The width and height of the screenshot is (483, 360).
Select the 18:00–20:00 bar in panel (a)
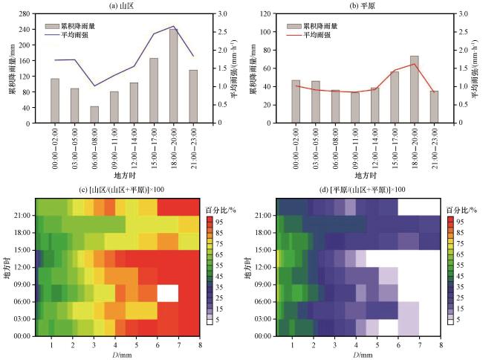(x=174, y=76)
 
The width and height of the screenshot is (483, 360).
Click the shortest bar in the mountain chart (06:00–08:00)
(x=94, y=115)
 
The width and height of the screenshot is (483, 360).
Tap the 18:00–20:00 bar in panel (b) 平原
(x=415, y=89)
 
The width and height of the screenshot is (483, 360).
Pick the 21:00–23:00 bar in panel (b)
(x=434, y=107)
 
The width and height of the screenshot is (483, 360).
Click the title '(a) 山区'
(x=122, y=5)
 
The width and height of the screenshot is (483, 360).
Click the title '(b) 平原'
(x=363, y=5)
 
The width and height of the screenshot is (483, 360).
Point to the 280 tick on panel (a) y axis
(x=24, y=14)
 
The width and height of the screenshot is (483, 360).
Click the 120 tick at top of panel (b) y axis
(x=265, y=14)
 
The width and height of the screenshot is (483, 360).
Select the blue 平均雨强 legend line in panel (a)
(x=52, y=35)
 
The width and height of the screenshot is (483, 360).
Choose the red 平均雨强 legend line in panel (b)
(x=294, y=35)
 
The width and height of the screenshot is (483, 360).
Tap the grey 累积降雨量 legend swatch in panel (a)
(x=52, y=26)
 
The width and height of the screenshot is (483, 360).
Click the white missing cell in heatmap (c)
(x=168, y=293)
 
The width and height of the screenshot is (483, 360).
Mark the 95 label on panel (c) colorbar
(x=219, y=222)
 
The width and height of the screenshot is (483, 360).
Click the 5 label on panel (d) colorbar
(x=458, y=320)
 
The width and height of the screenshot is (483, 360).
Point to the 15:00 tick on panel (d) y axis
(x=263, y=250)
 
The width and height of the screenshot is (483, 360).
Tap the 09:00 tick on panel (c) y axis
(x=22, y=284)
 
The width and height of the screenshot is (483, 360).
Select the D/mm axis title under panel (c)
(x=122, y=355)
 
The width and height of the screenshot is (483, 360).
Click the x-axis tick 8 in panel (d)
(x=441, y=345)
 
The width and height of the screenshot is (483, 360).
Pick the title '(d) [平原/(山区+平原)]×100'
(x=363, y=190)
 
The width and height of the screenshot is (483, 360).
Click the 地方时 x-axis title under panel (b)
(x=366, y=176)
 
